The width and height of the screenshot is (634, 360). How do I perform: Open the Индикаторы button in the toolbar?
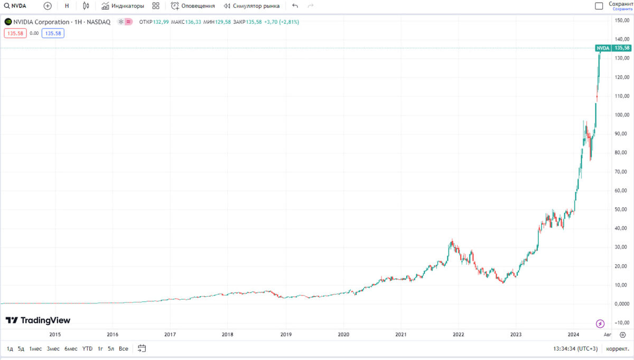tap(123, 6)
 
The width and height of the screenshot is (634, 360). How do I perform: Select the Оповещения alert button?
tap(193, 6)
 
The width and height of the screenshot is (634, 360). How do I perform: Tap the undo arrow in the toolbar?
tap(295, 6)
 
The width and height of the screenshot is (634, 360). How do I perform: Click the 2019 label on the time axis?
tap(285, 334)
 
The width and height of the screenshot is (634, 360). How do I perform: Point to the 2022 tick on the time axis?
tap(458, 334)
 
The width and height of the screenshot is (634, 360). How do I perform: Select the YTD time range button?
tap(88, 349)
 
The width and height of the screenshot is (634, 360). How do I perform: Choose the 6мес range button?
tap(71, 349)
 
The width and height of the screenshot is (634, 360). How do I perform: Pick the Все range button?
tap(123, 349)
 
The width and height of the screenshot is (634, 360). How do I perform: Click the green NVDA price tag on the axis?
tap(603, 48)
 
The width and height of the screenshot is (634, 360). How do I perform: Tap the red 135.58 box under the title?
tap(14, 33)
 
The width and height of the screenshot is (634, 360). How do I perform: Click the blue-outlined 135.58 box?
tap(53, 33)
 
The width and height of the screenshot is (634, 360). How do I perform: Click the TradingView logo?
tap(38, 320)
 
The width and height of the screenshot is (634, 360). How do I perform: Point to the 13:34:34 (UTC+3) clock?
tap(575, 349)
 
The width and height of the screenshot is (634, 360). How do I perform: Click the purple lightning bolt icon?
tap(600, 324)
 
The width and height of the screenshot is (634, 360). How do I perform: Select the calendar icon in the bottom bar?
tap(142, 348)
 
